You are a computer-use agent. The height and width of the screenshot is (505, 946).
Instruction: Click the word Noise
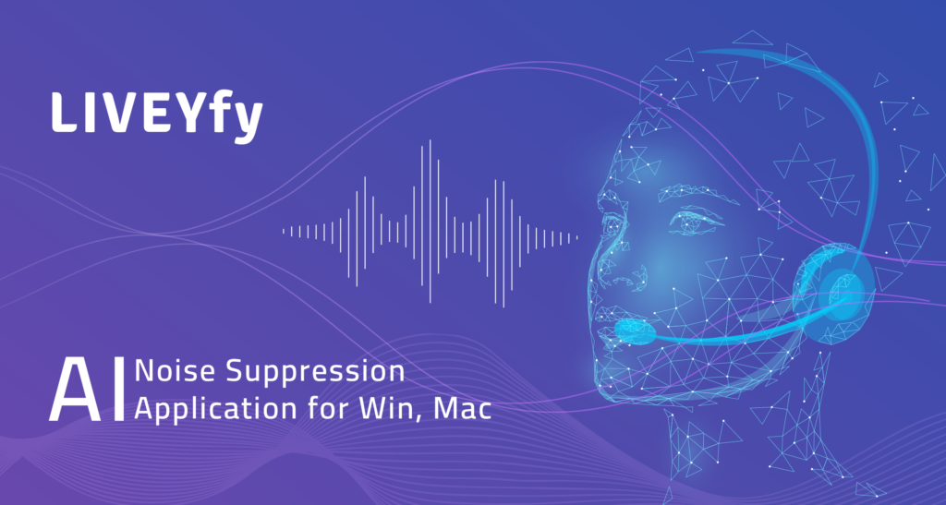[175, 371]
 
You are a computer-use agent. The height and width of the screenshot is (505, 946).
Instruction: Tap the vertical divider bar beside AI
[119, 390]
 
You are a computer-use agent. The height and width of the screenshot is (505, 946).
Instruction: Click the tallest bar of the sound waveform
[431, 222]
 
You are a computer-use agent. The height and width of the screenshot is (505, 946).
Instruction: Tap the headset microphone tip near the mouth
[636, 331]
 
